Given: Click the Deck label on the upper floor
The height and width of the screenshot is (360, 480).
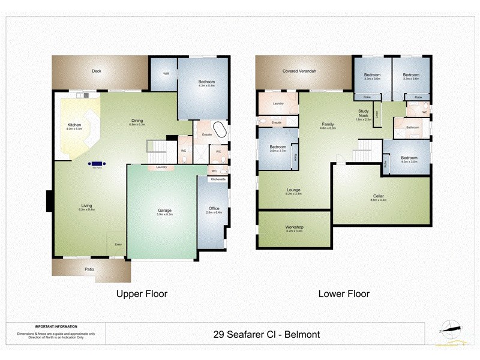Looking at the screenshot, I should [97, 71].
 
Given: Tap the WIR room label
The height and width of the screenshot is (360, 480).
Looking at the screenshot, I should [166, 74].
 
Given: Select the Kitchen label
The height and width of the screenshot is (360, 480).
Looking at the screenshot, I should [74, 125].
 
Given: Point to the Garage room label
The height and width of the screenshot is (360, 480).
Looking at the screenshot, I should [164, 211].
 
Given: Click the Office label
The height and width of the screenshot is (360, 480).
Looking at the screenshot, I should [214, 209].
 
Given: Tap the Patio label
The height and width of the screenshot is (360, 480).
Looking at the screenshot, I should [89, 269].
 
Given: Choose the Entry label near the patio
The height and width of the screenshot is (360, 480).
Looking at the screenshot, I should [118, 244].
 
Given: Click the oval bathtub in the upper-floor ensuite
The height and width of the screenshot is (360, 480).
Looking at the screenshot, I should [221, 131].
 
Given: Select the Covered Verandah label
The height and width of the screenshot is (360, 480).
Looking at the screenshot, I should [299, 71].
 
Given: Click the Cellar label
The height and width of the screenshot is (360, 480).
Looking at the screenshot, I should [379, 196].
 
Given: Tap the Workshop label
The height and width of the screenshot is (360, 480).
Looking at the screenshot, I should [294, 227].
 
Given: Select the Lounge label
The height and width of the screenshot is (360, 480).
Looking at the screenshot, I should [294, 190].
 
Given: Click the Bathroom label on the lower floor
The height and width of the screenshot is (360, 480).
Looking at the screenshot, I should [412, 127].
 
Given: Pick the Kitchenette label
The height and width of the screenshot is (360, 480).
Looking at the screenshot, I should [218, 179].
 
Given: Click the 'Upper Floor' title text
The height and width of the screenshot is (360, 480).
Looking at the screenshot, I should [141, 294].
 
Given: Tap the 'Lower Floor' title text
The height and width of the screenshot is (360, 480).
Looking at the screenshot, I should [344, 294].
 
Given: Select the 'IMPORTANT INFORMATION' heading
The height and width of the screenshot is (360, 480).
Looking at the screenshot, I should [56, 327].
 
